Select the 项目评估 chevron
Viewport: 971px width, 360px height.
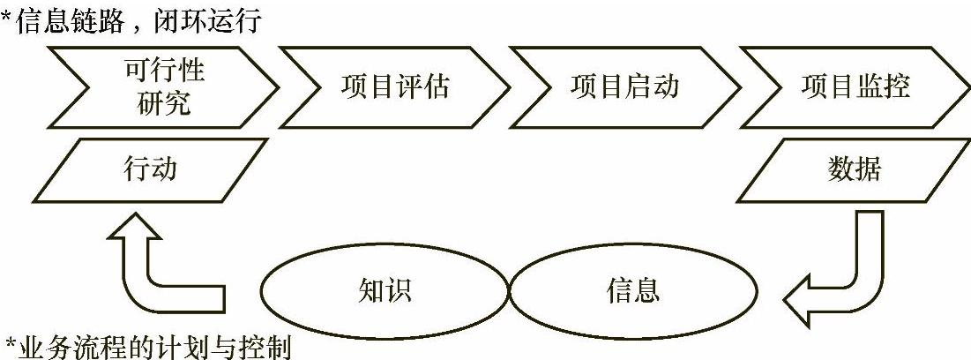[394, 88]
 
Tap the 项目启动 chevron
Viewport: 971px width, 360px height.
[624, 88]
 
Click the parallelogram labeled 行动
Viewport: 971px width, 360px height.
[150, 169]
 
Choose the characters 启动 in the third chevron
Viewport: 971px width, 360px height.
[652, 88]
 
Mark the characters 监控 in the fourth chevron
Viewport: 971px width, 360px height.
[882, 88]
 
